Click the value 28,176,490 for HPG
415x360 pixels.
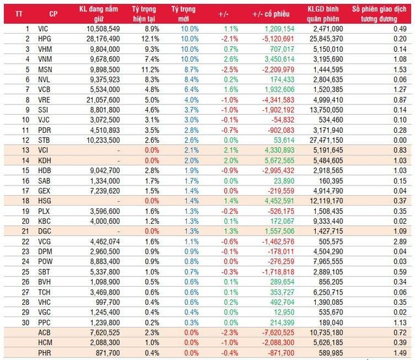pyautogui.click(x=97, y=39)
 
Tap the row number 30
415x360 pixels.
pyautogui.click(x=27, y=321)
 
